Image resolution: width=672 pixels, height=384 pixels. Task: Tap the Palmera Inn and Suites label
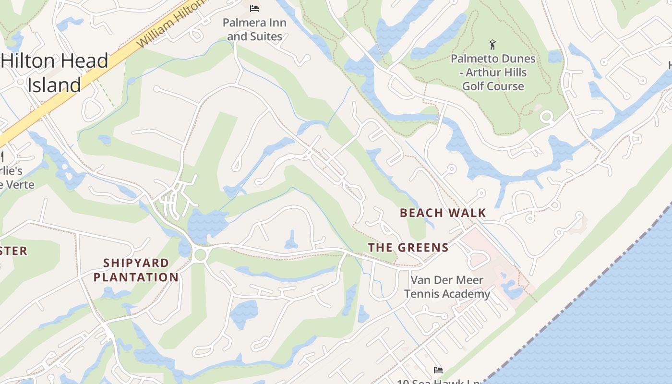(x=254, y=29)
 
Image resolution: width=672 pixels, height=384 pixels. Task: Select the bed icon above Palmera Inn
(x=254, y=9)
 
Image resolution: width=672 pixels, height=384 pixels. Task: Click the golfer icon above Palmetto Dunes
(x=492, y=45)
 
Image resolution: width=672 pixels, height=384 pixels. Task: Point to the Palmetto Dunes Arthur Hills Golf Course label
(x=493, y=72)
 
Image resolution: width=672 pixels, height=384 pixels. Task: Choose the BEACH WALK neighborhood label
(x=443, y=213)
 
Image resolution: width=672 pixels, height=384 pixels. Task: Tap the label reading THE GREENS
(x=408, y=248)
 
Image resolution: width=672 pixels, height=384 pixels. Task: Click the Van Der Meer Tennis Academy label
(x=447, y=287)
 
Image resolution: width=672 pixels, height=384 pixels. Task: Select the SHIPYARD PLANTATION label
(x=136, y=270)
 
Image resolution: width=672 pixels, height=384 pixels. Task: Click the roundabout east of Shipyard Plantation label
(x=201, y=254)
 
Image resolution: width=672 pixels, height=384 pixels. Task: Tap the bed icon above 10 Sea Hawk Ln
(x=438, y=370)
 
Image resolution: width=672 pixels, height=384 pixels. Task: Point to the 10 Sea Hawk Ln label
(x=438, y=381)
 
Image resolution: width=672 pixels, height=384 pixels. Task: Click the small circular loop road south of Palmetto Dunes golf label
(x=546, y=117)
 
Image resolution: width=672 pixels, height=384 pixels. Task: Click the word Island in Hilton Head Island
(x=54, y=85)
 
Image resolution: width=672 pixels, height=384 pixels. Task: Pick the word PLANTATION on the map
(x=136, y=277)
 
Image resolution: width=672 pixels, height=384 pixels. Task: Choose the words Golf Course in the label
(x=493, y=86)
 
